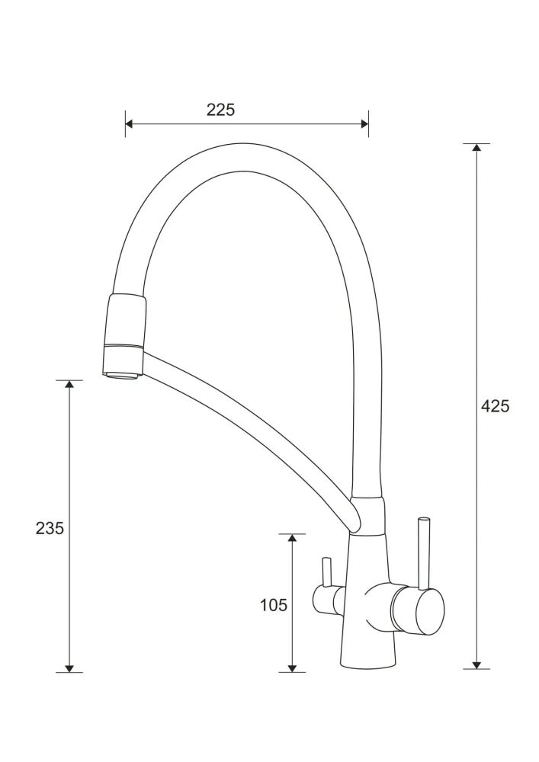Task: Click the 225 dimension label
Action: [x=220, y=110]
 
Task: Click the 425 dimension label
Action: [x=495, y=406]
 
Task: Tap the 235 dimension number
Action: [x=50, y=528]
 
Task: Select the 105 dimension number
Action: [x=274, y=605]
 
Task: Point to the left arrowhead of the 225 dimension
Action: [x=129, y=123]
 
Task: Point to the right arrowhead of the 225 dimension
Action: [x=364, y=123]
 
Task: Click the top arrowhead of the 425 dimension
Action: [x=476, y=147]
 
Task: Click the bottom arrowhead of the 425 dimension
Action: [x=476, y=664]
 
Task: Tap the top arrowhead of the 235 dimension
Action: [x=69, y=384]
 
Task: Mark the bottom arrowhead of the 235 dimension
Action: [x=69, y=668]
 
